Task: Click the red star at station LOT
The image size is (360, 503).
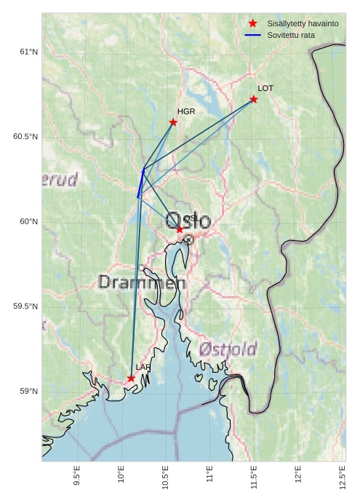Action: (x=254, y=99)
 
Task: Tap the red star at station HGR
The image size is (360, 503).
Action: (x=173, y=122)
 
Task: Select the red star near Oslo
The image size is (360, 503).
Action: (x=180, y=229)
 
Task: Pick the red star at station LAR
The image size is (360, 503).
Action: (x=131, y=379)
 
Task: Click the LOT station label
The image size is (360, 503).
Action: (x=265, y=88)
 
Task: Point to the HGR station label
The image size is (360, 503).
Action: (x=186, y=111)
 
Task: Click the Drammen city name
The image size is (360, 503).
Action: (x=142, y=282)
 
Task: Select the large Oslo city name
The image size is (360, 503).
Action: (x=188, y=221)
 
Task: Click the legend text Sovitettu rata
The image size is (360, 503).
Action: (x=291, y=35)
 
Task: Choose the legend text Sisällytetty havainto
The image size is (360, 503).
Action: (x=303, y=23)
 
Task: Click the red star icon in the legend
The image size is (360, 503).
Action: (x=252, y=23)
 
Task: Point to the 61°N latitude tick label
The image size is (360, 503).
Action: (x=28, y=52)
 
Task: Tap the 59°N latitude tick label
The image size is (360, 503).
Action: (x=28, y=392)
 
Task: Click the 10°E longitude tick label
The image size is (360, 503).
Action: (x=121, y=477)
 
